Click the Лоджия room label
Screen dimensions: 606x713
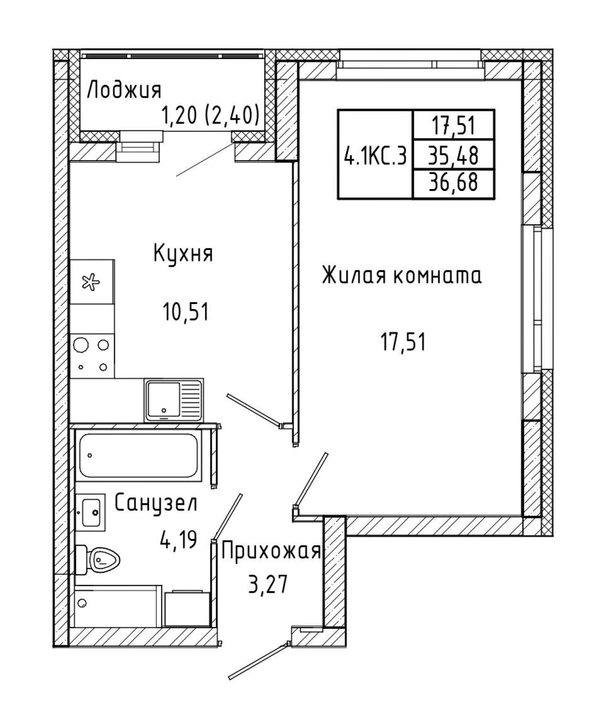tap(124, 91)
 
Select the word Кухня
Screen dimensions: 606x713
tap(183, 254)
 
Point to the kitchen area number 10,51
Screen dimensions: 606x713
tap(186, 312)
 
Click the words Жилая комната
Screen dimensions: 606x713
tap(402, 276)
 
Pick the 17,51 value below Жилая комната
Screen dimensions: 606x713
tap(403, 342)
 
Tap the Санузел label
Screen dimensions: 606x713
tap(155, 503)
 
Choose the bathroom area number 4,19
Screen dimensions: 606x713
tap(178, 540)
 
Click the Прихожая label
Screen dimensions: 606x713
tap(271, 551)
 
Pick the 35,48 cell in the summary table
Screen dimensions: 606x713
tap(453, 155)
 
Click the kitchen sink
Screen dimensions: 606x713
tap(174, 400)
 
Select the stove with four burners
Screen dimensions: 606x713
tap(92, 355)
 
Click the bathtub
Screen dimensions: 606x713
tap(139, 455)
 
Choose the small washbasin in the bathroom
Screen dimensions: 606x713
tap(90, 512)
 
